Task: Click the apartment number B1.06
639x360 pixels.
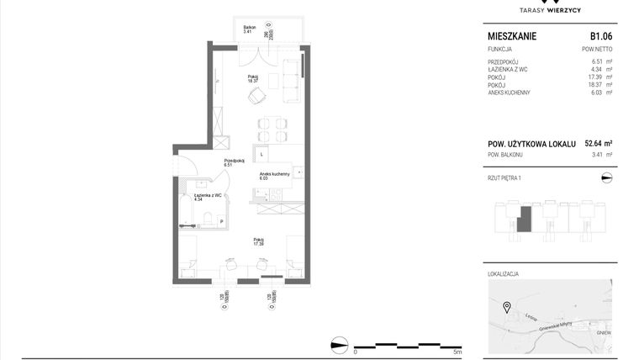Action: click(x=599, y=36)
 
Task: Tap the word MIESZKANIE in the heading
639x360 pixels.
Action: click(x=512, y=36)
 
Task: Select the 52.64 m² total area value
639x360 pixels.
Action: click(x=598, y=144)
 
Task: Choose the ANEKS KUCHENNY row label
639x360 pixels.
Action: click(x=509, y=93)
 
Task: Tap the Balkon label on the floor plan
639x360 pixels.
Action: click(x=249, y=29)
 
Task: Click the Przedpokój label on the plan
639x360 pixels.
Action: click(x=233, y=161)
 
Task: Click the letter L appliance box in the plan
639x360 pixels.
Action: click(x=262, y=155)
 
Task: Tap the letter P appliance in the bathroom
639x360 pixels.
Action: click(x=221, y=221)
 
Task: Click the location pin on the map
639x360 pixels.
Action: click(x=506, y=306)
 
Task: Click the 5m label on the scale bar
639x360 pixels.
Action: click(x=457, y=352)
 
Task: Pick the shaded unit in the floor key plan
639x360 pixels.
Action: click(x=524, y=220)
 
